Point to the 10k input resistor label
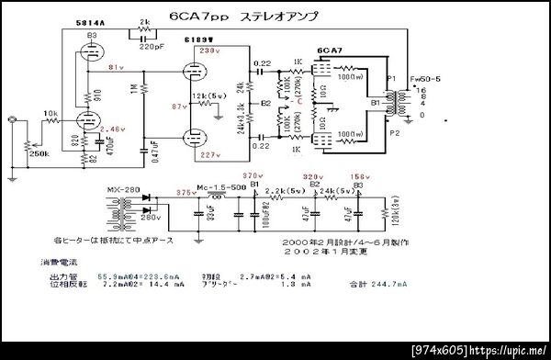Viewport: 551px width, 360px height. point(50,113)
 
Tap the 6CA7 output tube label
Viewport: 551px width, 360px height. point(330,51)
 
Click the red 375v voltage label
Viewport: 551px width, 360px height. point(186,192)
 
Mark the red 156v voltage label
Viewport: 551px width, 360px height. point(360,176)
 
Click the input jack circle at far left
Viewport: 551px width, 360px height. point(11,119)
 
